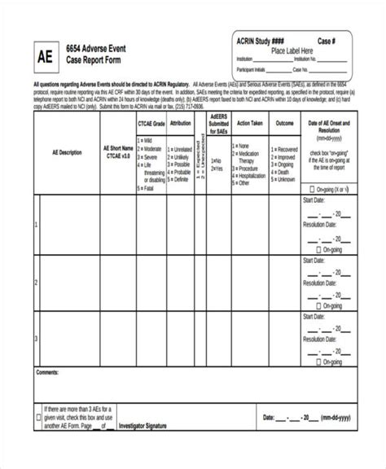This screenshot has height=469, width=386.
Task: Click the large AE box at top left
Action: click(x=46, y=59)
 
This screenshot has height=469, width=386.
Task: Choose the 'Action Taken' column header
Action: click(x=249, y=123)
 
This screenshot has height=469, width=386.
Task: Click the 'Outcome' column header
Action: click(x=284, y=123)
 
